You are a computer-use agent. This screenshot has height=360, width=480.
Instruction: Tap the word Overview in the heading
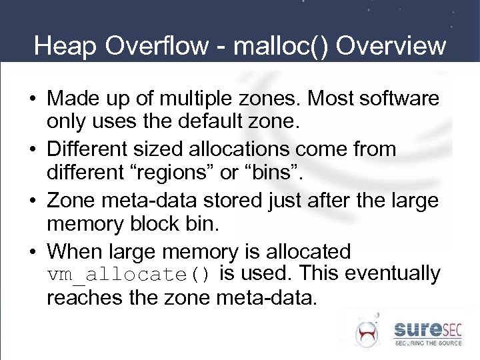pyautogui.click(x=391, y=46)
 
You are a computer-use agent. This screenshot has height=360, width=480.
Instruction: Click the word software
pyautogui.click(x=399, y=99)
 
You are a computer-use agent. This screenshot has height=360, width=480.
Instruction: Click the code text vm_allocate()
pyautogui.click(x=129, y=275)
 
